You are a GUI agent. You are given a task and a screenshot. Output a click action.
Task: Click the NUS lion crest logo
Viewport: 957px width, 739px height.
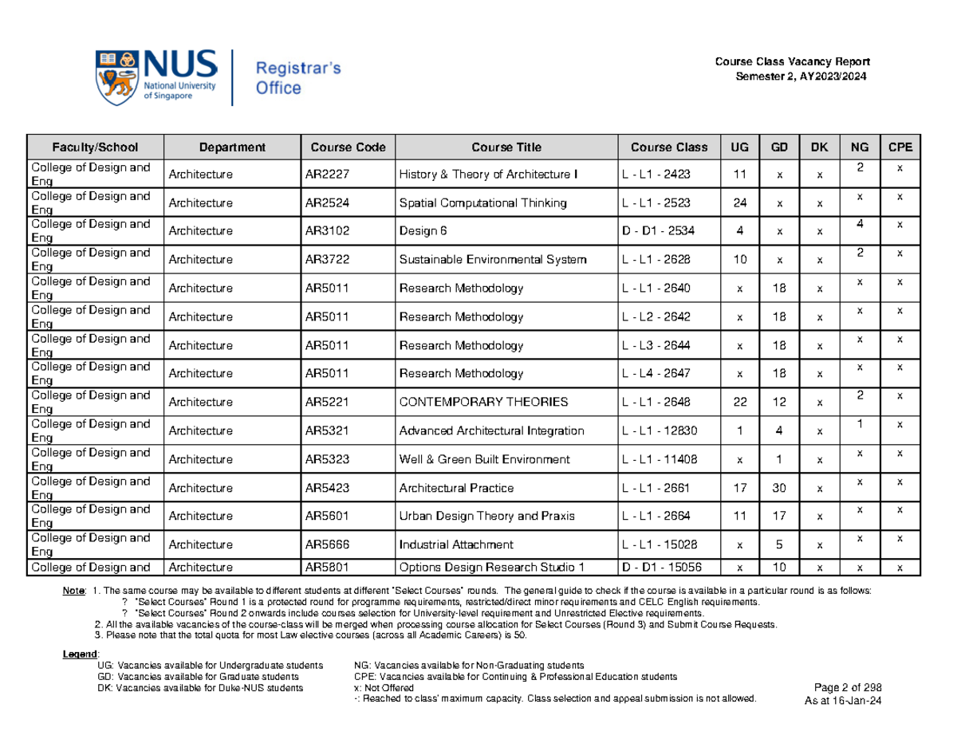(118, 77)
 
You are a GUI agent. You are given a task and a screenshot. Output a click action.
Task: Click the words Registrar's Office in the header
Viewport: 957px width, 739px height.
(297, 78)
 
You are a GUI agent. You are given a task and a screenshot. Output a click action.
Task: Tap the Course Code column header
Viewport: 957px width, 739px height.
(348, 147)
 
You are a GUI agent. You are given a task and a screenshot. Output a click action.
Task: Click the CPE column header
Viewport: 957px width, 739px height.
(900, 147)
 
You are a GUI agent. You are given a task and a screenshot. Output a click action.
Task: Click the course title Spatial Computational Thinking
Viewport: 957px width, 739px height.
(482, 203)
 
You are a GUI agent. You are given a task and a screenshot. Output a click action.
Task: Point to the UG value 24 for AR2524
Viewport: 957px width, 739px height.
(741, 203)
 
